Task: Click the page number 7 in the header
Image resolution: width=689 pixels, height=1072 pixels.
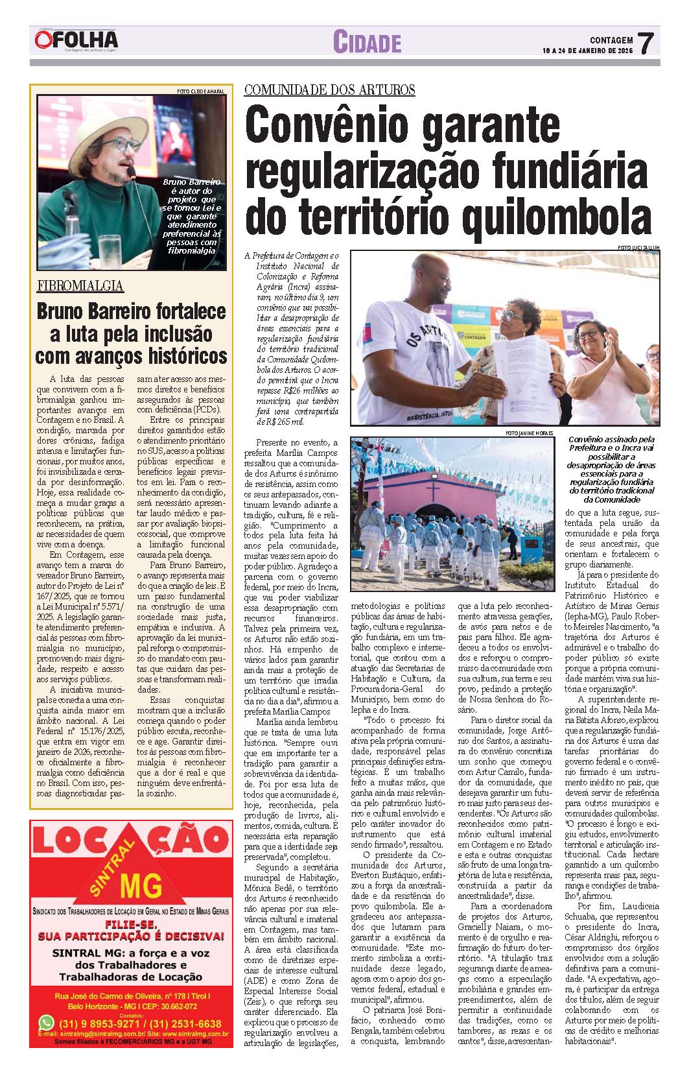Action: click(x=646, y=44)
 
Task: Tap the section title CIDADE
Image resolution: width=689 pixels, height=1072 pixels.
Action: click(x=367, y=43)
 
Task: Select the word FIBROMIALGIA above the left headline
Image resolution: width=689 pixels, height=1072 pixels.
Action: click(x=80, y=286)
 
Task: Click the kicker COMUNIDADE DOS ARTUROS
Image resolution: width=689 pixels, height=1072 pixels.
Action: click(x=329, y=90)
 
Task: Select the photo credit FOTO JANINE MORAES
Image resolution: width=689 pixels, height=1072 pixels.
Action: click(x=530, y=433)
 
